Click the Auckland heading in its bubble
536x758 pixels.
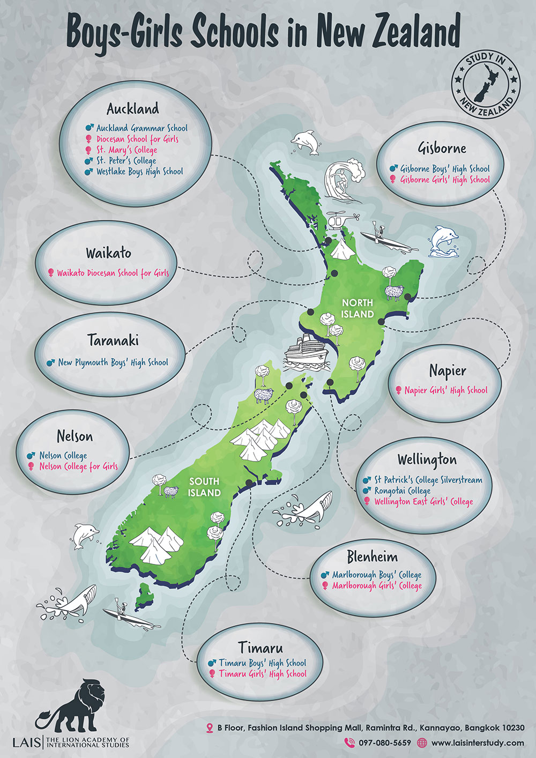point(133,109)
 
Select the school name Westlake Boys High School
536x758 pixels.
point(139,172)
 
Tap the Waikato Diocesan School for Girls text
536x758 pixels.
point(113,273)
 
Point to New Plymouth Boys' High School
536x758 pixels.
point(113,362)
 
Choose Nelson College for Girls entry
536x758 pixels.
point(78,466)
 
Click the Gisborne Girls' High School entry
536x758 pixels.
point(445,180)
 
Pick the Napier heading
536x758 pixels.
point(448,370)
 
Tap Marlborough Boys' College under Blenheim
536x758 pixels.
point(376,575)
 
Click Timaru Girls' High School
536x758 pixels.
point(263,674)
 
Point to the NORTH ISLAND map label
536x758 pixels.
point(358,308)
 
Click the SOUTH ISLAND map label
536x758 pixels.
point(204,487)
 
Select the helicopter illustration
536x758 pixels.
point(341,220)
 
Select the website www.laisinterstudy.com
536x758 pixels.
point(477,743)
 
